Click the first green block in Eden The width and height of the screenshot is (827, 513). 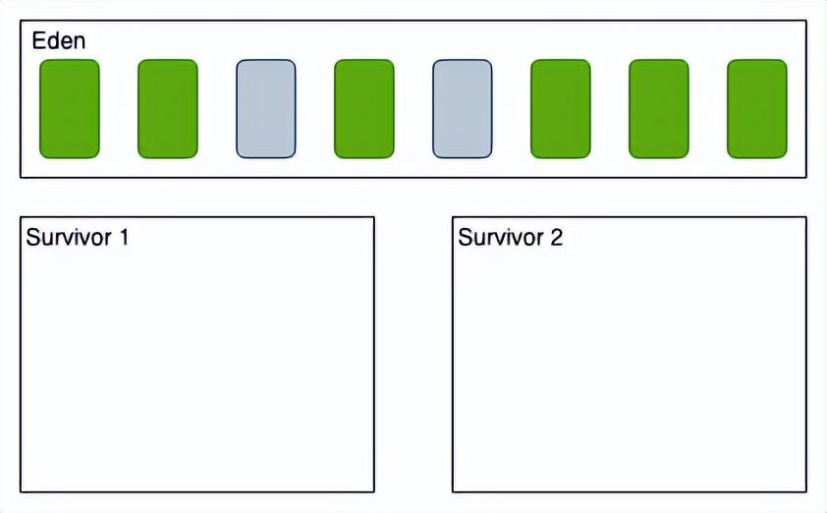coord(70,109)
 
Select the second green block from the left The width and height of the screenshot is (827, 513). coord(168,109)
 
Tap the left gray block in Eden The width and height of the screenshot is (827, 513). coord(266,109)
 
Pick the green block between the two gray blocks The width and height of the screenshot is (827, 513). coord(364,109)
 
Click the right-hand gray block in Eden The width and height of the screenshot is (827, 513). coord(463,109)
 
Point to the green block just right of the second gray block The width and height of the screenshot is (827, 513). coord(561,109)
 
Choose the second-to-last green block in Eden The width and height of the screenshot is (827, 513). coord(659,109)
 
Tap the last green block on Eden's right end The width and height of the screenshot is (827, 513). coord(757,109)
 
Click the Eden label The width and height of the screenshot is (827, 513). coord(59,40)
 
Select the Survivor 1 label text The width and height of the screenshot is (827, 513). coord(78,237)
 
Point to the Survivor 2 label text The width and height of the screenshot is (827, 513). coord(511,237)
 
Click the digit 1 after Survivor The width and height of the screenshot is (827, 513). coord(125,237)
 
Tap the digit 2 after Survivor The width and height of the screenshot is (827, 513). coord(557,237)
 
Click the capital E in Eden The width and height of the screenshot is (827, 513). coord(38,40)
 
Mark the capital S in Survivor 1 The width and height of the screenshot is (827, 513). coord(33,237)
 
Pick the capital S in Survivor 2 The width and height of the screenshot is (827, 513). coord(466,237)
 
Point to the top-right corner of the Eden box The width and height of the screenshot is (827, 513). coord(806,21)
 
